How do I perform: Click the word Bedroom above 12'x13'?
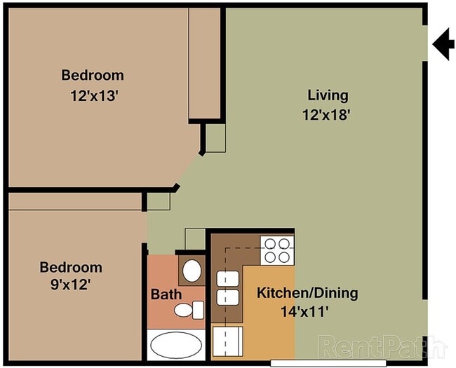point(93,75)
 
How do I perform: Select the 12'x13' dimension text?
point(93,96)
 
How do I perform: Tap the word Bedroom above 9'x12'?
point(70,267)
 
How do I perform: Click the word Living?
point(328,95)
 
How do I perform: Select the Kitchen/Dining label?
point(307,293)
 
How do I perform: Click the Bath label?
point(166,294)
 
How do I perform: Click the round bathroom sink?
point(190,270)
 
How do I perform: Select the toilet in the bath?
point(189,309)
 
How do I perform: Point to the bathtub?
point(175,346)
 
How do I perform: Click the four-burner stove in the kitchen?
point(277,250)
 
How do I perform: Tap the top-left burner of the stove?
point(270,244)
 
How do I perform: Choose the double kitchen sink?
point(225,288)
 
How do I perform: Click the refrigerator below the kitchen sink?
point(226,343)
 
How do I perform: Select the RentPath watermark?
point(382,345)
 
